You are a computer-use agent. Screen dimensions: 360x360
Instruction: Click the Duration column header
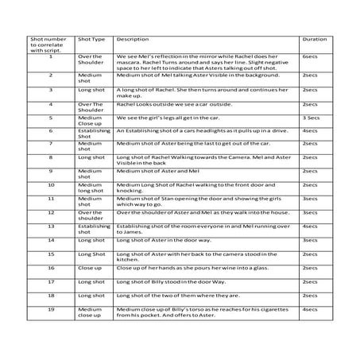(x=311, y=39)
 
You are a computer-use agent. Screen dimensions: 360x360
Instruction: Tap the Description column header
(x=132, y=39)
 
